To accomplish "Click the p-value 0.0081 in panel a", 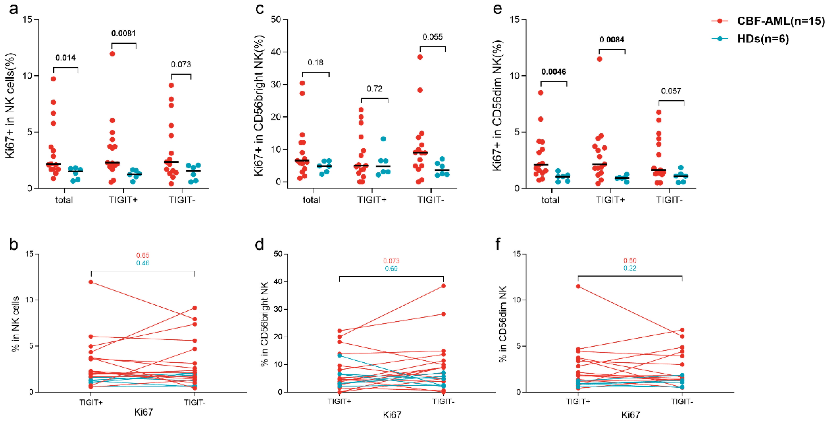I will click(x=123, y=33).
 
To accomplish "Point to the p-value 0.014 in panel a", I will click(x=66, y=58).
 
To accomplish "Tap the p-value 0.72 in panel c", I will click(x=374, y=89).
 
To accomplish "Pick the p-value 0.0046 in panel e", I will click(x=553, y=72).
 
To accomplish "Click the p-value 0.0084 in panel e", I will click(x=612, y=40).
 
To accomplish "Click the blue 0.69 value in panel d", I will click(x=391, y=268).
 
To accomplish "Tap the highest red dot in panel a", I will click(x=112, y=54).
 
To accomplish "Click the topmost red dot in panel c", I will click(x=420, y=57).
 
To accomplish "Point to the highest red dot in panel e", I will click(x=600, y=59).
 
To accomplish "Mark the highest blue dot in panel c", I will click(x=383, y=139).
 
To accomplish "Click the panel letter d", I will click(x=259, y=244).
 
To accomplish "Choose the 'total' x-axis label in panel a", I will click(x=64, y=200).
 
